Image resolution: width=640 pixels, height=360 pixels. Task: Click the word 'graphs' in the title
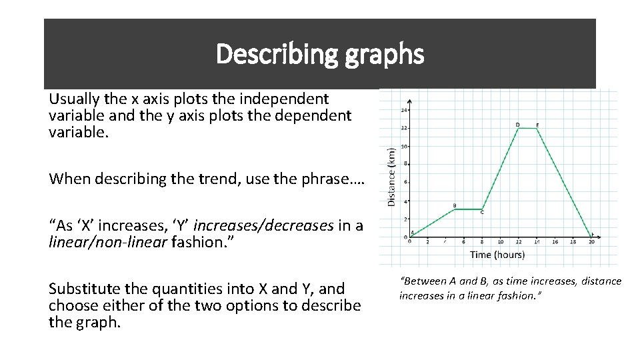385,54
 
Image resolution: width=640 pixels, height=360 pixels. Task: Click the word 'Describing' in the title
278,54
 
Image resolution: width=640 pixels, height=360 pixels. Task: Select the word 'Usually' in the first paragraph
73,99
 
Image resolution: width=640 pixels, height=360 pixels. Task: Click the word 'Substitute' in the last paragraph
85,289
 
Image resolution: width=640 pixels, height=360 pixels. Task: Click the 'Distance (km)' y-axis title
391,176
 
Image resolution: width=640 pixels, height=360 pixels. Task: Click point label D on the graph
518,124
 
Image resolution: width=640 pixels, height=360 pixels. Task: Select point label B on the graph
455,205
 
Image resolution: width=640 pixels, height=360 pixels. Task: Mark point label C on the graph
482,213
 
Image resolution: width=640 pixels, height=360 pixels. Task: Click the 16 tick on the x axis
555,242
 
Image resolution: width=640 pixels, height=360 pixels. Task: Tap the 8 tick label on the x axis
482,242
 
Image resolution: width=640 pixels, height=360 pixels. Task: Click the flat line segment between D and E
527,128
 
